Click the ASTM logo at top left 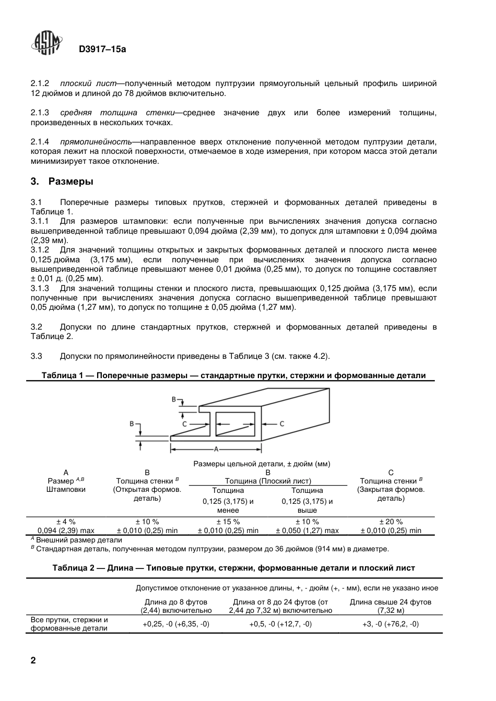pos(48,44)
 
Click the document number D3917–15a pos(102,50)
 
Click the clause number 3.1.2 pos(40,250)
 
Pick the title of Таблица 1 pos(233,376)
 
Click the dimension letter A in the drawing pos(216,449)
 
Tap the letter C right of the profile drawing pos(281,424)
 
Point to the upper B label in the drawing pos(174,400)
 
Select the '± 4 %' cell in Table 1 pos(66,522)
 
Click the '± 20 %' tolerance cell pos(391,522)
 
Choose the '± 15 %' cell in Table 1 pos(228,522)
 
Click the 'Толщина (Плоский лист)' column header pos(268,481)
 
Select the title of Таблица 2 pos(233,568)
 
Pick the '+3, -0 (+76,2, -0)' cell pos(391,624)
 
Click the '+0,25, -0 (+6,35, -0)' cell pos(176,624)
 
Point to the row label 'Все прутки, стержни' pos(69,620)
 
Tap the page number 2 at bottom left pos(34,660)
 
